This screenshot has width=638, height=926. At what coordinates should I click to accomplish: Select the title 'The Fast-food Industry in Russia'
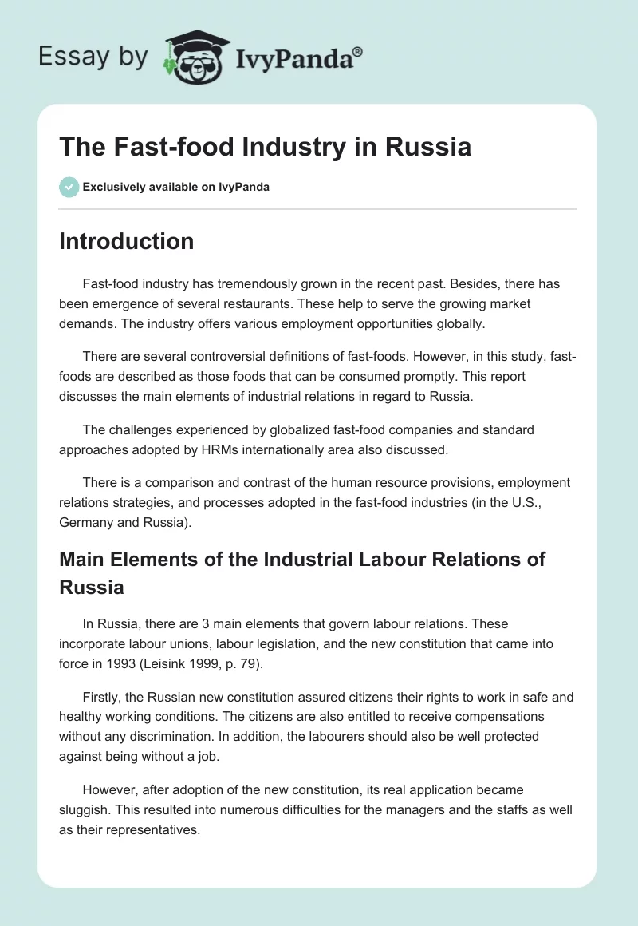click(x=265, y=148)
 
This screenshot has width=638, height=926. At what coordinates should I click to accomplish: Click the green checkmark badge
click(x=68, y=187)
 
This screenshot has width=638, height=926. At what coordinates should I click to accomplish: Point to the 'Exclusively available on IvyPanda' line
click(x=176, y=188)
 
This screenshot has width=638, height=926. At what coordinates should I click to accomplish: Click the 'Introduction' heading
click(x=126, y=241)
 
